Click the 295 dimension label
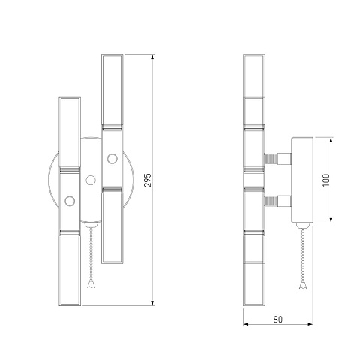(x=148, y=180)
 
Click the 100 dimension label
(x=326, y=180)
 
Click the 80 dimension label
(x=277, y=319)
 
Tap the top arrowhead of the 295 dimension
(x=152, y=57)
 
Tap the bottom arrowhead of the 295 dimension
(x=152, y=303)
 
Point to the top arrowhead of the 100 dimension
(x=331, y=140)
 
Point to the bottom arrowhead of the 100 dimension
(x=331, y=220)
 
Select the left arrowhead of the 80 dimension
(x=246, y=324)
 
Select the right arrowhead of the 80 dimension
(x=310, y=324)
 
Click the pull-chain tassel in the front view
(x=91, y=284)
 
